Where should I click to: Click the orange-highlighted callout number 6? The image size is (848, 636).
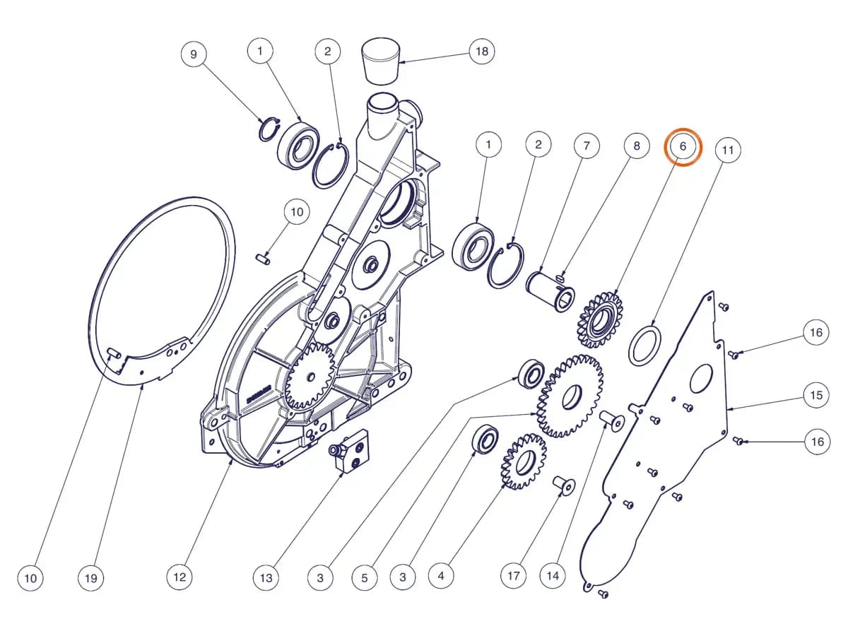(683, 147)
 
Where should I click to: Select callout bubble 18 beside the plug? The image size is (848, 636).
(482, 52)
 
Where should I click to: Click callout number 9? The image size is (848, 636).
(194, 54)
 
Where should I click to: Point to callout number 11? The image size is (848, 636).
(728, 150)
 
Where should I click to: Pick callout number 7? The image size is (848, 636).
(587, 146)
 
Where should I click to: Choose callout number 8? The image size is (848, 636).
(637, 146)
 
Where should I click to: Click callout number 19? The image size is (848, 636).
(90, 578)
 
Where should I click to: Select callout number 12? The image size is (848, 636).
(179, 577)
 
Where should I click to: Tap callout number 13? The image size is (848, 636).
(266, 578)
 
